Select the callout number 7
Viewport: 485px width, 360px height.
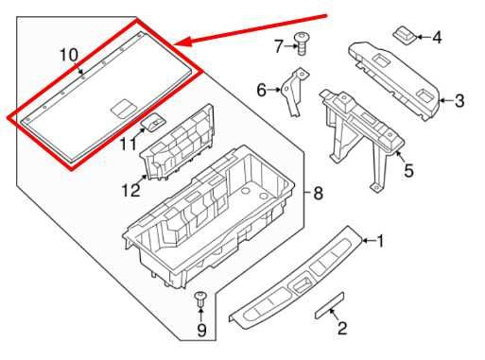click(279, 44)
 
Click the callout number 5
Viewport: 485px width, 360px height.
click(408, 171)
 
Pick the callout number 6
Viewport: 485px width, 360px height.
click(262, 90)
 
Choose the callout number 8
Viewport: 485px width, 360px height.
click(318, 194)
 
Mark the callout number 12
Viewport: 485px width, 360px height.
click(130, 191)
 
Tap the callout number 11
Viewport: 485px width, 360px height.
click(128, 144)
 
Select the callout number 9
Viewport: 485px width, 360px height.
click(199, 331)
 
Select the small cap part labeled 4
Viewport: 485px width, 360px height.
click(404, 34)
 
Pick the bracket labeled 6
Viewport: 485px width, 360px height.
click(292, 96)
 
